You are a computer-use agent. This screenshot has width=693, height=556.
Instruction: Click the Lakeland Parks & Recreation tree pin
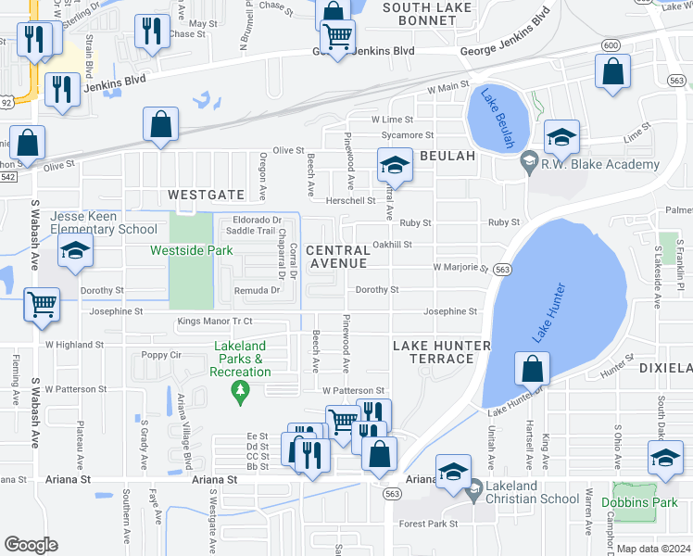(x=241, y=393)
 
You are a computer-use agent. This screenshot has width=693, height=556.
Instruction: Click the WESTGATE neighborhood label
(x=206, y=195)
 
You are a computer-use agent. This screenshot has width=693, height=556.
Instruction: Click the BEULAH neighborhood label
(x=447, y=157)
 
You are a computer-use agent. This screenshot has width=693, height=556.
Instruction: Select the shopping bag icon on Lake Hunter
(x=533, y=369)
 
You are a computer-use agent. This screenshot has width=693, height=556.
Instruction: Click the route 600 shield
(x=610, y=45)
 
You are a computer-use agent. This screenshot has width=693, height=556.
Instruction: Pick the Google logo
(x=31, y=545)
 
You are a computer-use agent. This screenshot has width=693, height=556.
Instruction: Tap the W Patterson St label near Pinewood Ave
(x=352, y=391)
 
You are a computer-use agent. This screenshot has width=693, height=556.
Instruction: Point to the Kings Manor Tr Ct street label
(x=214, y=321)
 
